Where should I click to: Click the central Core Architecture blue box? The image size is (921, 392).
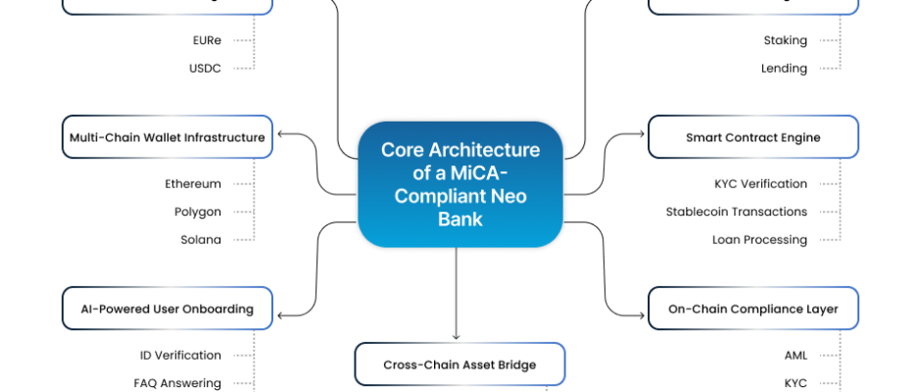click(x=460, y=184)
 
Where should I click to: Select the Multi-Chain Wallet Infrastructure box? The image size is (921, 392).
click(x=167, y=137)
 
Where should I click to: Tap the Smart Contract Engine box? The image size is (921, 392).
click(x=752, y=137)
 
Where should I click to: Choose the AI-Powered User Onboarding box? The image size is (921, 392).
click(x=167, y=309)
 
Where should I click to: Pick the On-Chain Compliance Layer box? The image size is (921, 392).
click(x=752, y=309)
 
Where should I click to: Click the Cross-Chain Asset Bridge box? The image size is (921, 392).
click(x=460, y=365)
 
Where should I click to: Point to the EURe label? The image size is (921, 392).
click(x=207, y=40)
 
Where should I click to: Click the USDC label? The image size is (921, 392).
click(x=205, y=69)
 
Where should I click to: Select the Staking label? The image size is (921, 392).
click(x=785, y=40)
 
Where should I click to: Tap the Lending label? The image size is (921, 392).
click(x=784, y=69)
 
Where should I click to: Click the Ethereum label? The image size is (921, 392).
click(x=193, y=183)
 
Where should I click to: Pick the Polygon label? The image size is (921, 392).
click(x=197, y=212)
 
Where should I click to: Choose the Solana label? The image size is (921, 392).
click(x=201, y=239)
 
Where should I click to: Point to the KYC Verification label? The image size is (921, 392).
click(x=760, y=183)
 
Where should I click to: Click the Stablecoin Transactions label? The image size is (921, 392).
click(x=736, y=212)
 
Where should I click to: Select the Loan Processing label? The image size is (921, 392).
click(x=759, y=239)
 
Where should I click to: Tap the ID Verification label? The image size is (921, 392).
click(x=180, y=355)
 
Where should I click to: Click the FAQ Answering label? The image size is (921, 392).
click(x=177, y=383)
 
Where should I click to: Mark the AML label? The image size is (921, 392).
click(x=796, y=355)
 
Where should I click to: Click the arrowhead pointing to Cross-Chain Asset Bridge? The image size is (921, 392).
click(x=457, y=336)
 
